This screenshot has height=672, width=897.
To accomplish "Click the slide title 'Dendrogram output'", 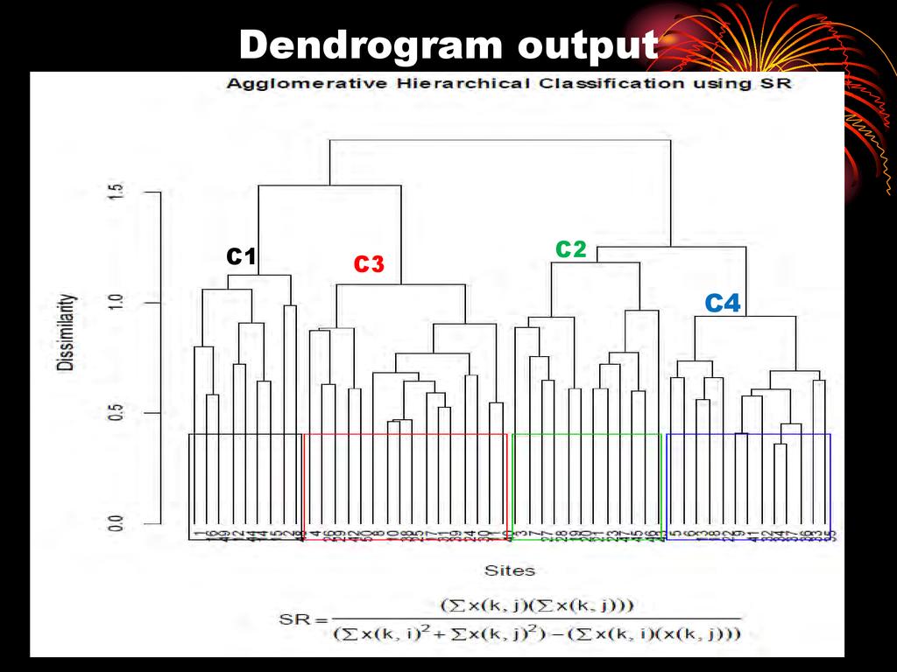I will pos(448,45).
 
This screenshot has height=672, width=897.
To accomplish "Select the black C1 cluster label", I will pos(240,256).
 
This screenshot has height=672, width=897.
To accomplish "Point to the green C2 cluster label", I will pos(570,249).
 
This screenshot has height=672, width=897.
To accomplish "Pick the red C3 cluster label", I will pos(369,264).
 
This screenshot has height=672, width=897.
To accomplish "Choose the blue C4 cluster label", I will pos(723,304).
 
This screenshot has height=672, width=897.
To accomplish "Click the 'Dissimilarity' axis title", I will pos(67,332).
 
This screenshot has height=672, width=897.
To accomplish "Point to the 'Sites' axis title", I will pos(510,570).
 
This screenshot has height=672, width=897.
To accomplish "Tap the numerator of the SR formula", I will pos(539,605).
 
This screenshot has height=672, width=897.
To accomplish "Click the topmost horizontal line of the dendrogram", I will pos(499,140).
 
